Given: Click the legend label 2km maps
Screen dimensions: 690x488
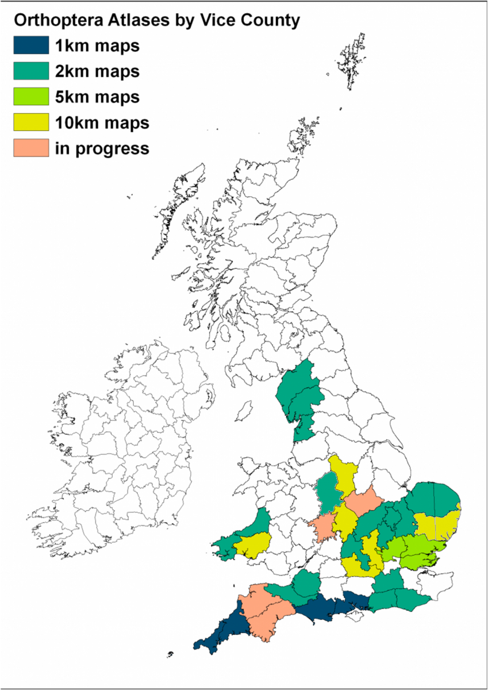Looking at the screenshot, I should [97, 71].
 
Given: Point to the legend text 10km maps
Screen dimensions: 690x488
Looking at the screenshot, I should [102, 122].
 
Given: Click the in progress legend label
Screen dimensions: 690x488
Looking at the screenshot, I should [102, 148].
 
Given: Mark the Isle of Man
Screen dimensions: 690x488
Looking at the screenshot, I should [247, 410].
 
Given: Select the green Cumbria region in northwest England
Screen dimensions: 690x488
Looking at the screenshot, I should [299, 397].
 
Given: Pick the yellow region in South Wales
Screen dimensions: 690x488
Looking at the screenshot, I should [252, 543].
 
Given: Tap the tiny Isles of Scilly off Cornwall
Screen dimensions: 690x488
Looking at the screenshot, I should [170, 654].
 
